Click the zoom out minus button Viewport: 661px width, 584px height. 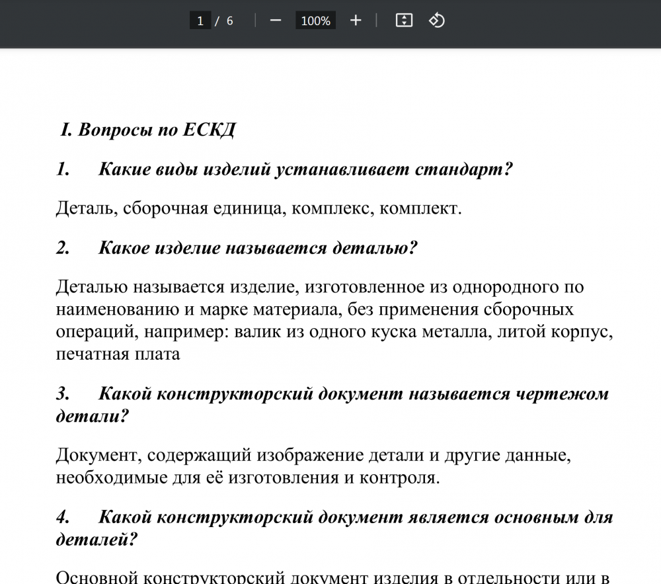276,21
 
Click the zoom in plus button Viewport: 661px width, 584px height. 356,21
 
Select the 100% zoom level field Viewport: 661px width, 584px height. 315,21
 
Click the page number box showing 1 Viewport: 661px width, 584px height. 200,21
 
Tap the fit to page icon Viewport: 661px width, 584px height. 404,21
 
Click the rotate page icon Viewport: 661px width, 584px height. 437,21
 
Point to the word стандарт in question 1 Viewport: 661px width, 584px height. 463,169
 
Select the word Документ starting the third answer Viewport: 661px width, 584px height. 97,455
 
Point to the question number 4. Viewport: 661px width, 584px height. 62,517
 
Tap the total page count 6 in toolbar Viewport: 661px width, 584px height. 229,21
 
